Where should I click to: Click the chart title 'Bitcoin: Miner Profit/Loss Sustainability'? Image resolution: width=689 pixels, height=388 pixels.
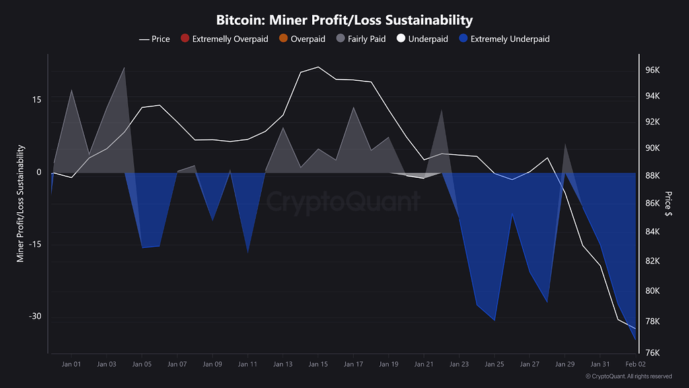(x=344, y=20)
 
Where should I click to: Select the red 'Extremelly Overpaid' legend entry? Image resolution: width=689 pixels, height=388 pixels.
(x=224, y=39)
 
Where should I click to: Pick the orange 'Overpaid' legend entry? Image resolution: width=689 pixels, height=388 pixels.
(x=302, y=39)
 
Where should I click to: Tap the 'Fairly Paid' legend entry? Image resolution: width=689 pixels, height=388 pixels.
(x=360, y=39)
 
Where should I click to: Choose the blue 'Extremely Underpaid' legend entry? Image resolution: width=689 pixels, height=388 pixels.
(x=503, y=39)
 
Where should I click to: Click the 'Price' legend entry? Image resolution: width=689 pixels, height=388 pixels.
(x=155, y=39)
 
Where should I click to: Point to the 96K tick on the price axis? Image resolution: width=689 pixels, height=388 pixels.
(x=652, y=70)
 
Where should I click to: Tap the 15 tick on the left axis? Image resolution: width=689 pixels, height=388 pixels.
(x=37, y=100)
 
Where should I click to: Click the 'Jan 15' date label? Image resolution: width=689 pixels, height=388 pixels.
(x=318, y=364)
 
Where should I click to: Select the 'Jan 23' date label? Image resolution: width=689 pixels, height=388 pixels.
(x=459, y=364)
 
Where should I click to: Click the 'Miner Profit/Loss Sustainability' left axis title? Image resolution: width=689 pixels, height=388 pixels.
(x=21, y=203)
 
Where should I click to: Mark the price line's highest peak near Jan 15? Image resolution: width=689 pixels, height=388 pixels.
(x=318, y=67)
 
